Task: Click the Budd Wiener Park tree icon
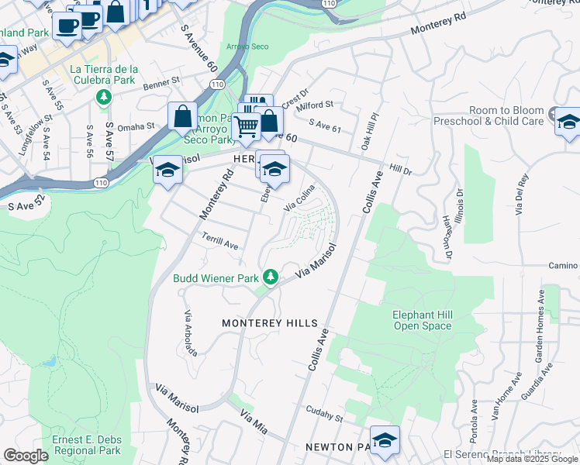click(x=271, y=277)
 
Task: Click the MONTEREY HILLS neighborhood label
click(x=269, y=322)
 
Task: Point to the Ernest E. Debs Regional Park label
click(x=86, y=445)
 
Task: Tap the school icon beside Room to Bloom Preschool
click(x=568, y=122)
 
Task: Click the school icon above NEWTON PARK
click(x=384, y=439)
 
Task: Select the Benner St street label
click(x=160, y=80)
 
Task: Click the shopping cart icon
click(x=247, y=126)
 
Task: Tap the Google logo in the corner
click(x=26, y=456)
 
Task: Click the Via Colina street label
click(x=300, y=199)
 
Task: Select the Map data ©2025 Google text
click(x=532, y=459)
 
